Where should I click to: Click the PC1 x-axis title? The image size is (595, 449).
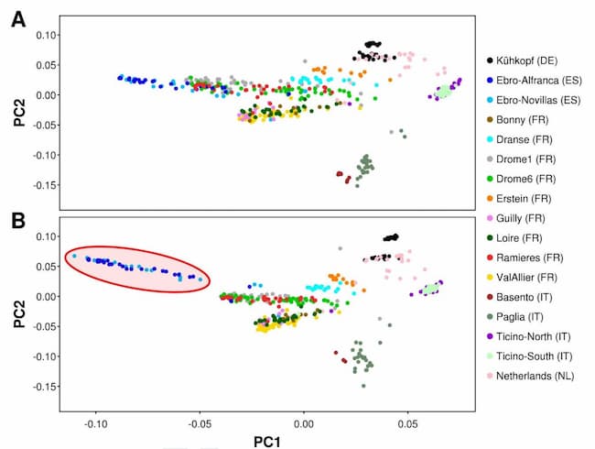click(x=266, y=442)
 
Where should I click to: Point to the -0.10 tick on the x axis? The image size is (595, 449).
click(x=96, y=425)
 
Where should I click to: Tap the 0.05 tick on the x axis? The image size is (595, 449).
click(x=408, y=425)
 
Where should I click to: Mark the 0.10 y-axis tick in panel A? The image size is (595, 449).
click(x=46, y=35)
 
